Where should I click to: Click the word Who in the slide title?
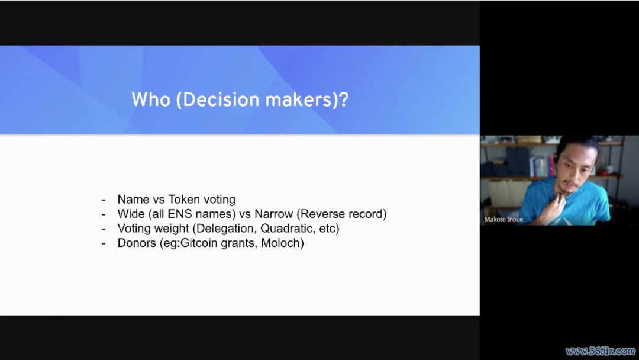pyautogui.click(x=151, y=99)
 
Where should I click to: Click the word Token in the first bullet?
pyautogui.click(x=184, y=200)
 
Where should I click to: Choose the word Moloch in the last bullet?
pyautogui.click(x=281, y=243)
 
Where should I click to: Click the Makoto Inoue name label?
pyautogui.click(x=504, y=220)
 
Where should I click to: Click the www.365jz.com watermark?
pyautogui.click(x=601, y=351)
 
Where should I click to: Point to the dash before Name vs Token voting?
pyautogui.click(x=104, y=200)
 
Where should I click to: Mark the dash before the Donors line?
pyautogui.click(x=104, y=244)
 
